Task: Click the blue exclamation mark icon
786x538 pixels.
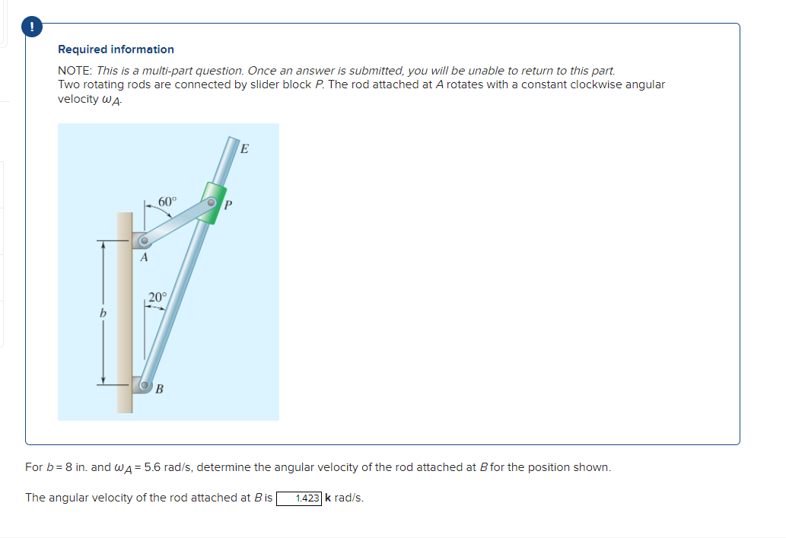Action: (x=32, y=26)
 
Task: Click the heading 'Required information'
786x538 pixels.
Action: (x=116, y=49)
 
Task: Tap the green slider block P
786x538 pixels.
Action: (x=211, y=202)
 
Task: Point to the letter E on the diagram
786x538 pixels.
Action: (x=243, y=149)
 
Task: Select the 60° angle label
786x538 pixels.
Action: (x=167, y=202)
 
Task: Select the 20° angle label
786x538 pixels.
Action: (x=157, y=297)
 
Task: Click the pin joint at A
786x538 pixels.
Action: (x=143, y=243)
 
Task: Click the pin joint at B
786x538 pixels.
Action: (x=145, y=386)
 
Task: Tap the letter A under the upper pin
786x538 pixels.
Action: (x=143, y=258)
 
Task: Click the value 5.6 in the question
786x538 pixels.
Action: (x=152, y=466)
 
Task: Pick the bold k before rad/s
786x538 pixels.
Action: (x=328, y=498)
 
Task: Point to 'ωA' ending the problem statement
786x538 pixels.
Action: (x=110, y=100)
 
